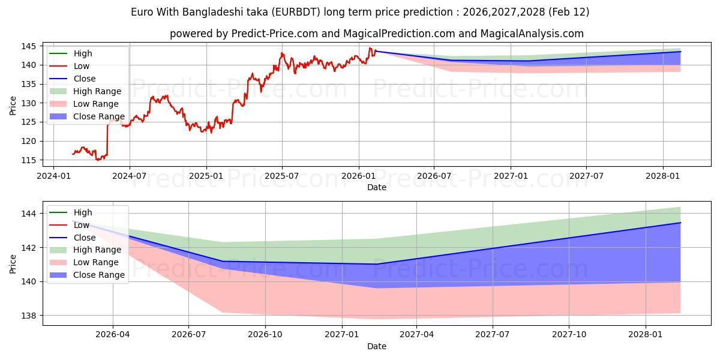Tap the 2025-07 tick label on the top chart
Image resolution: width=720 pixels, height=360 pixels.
[282, 177]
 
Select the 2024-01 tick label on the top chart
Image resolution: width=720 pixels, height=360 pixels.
[54, 177]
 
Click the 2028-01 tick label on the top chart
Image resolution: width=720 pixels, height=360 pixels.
[663, 177]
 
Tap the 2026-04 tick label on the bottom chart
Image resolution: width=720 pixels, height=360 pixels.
[113, 335]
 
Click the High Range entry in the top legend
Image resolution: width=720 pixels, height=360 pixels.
[97, 91]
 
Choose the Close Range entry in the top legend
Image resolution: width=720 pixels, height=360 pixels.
[99, 116]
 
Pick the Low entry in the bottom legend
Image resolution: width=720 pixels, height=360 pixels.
[82, 225]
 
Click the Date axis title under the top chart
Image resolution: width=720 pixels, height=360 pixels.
[377, 187]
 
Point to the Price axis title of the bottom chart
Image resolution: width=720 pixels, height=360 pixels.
[13, 263]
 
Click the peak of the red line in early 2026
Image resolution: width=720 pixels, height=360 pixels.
[370, 48]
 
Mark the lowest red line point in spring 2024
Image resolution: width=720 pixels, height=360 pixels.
[97, 160]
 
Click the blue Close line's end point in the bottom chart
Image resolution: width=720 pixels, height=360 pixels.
[680, 223]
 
